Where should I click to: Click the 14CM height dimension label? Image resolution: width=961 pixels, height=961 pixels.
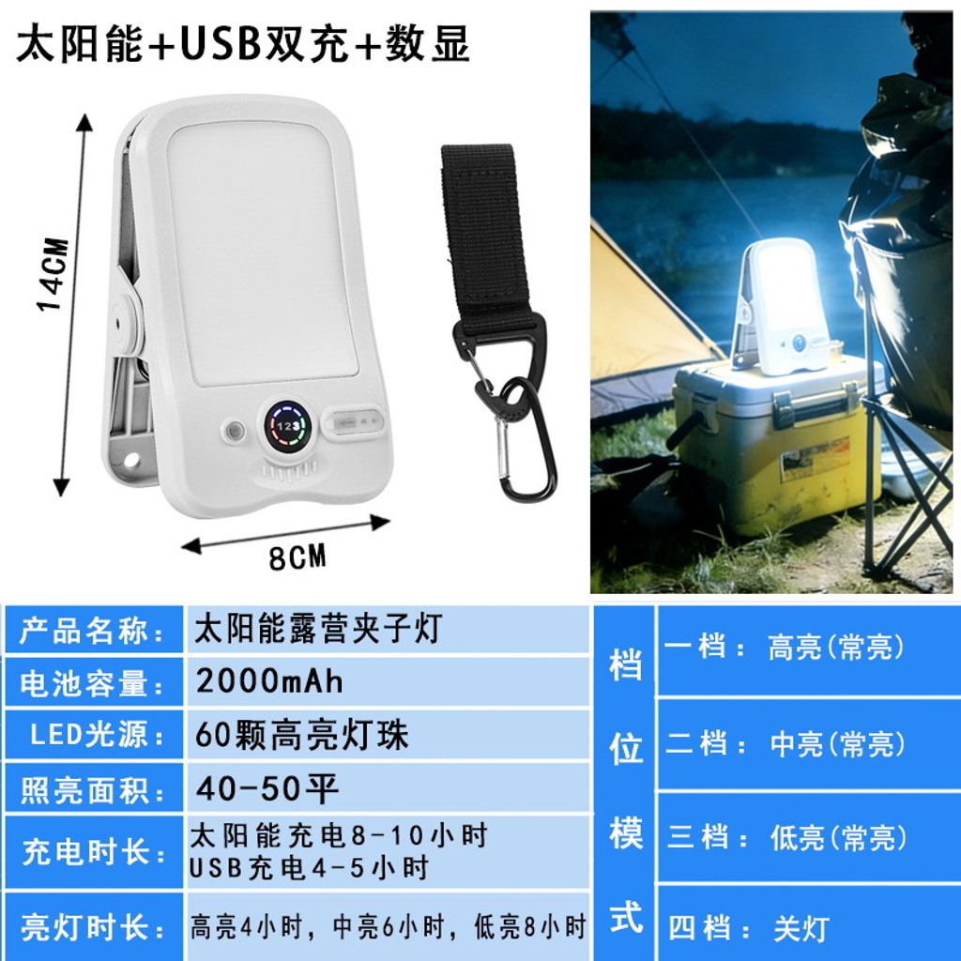[x=53, y=274]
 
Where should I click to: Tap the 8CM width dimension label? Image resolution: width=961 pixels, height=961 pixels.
[x=297, y=557]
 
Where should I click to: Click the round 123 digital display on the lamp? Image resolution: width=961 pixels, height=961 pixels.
[x=287, y=425]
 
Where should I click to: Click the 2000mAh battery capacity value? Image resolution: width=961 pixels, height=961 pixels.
[x=269, y=681]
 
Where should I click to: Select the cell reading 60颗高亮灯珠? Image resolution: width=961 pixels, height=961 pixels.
[x=301, y=735]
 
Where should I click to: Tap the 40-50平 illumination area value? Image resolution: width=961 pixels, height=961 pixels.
[x=267, y=788]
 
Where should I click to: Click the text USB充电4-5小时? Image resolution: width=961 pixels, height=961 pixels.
[x=308, y=868]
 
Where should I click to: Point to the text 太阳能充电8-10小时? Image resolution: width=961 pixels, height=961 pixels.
[x=338, y=836]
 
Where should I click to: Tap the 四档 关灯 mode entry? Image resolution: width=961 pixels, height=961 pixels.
[x=749, y=928]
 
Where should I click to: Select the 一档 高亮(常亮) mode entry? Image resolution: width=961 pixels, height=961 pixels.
[x=785, y=647]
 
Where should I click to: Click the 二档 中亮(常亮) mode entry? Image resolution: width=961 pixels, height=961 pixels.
[x=786, y=743]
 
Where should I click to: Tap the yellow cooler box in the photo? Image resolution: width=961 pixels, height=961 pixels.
[x=778, y=444]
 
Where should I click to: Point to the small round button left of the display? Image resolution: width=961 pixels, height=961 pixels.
[x=234, y=431]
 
